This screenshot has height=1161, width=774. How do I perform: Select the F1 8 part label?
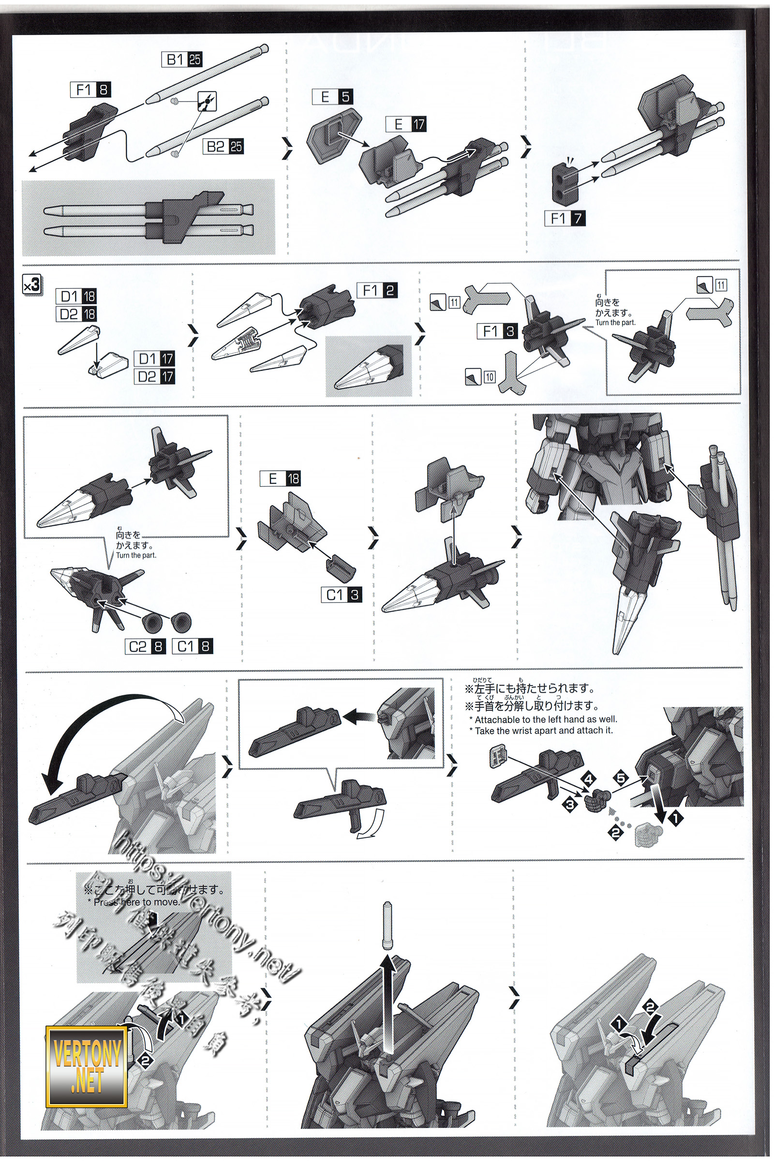91,90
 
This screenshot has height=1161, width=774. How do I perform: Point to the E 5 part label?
332,97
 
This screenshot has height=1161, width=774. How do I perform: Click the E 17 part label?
406,124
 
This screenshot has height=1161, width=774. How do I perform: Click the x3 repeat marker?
32,285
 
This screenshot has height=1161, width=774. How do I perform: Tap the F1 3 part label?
497,331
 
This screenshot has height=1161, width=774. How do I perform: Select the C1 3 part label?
342,595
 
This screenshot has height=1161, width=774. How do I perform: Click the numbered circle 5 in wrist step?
621,779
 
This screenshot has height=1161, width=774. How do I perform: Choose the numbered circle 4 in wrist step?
588,780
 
